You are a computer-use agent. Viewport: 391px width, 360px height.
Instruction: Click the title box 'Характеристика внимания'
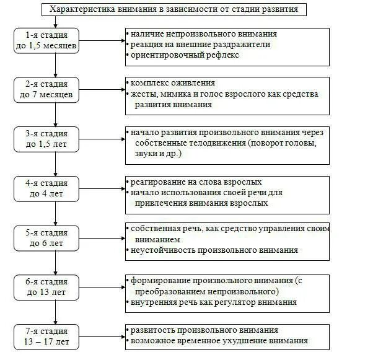(x=174, y=10)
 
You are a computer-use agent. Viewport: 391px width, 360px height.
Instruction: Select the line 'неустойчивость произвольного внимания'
(x=214, y=250)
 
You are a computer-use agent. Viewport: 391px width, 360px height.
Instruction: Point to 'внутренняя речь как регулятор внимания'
(x=213, y=302)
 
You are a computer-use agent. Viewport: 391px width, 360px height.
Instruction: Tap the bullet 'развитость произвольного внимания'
(x=204, y=330)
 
